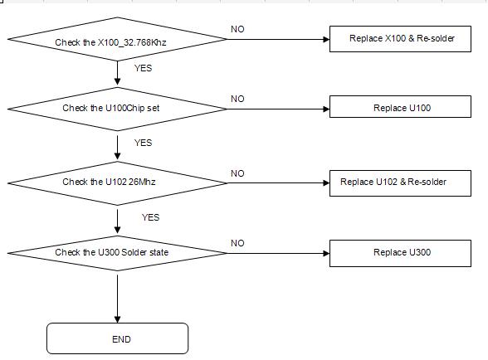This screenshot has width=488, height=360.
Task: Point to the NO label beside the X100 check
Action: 237,29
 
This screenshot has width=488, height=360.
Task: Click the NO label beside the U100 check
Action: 237,99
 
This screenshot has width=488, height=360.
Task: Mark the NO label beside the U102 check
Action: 237,173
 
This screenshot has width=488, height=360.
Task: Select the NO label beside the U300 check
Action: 237,243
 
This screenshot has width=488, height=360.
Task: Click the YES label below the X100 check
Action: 143,68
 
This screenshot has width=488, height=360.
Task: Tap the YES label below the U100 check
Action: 143,143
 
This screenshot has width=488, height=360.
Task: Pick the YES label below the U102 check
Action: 151,217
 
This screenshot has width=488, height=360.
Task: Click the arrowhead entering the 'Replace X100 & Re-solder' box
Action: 326,39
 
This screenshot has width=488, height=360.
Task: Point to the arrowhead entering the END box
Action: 117,320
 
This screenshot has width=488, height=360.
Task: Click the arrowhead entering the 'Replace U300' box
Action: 326,253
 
